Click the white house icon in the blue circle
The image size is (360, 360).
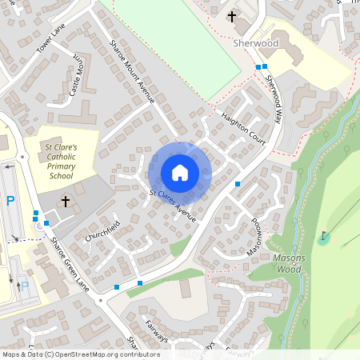click(x=180, y=172)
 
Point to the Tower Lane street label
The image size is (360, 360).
click(x=50, y=38)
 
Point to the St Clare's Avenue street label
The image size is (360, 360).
click(x=172, y=205)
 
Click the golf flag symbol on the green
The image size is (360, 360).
click(x=324, y=237)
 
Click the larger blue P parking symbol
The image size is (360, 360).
click(x=10, y=202)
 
